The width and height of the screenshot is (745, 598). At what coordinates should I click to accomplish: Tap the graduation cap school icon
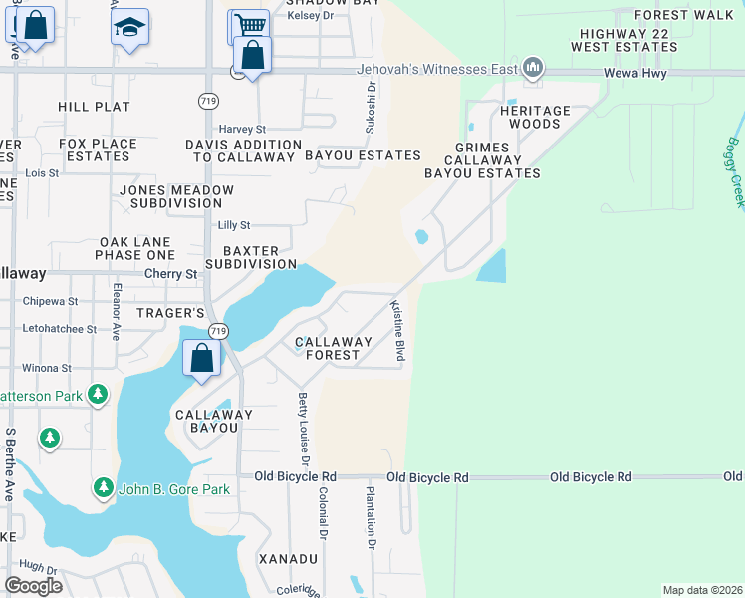pos(129,27)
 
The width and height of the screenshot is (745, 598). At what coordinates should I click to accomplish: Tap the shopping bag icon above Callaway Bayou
pos(201,358)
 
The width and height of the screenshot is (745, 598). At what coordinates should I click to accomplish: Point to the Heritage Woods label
pos(535,117)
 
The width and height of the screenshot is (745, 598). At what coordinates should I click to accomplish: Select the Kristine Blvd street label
pos(397,330)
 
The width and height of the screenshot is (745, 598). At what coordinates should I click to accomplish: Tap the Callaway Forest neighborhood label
pos(333,348)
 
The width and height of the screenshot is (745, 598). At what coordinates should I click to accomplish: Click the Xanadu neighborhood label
pos(289,559)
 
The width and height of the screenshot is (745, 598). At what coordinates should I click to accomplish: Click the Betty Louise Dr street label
pos(303,429)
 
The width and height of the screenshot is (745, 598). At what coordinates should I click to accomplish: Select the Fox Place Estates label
pos(98,150)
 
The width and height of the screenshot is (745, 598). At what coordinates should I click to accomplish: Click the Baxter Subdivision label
pos(250,257)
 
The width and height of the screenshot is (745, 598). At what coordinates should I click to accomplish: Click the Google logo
pos(34,585)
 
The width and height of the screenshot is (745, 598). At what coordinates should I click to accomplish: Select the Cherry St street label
pos(171,273)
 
